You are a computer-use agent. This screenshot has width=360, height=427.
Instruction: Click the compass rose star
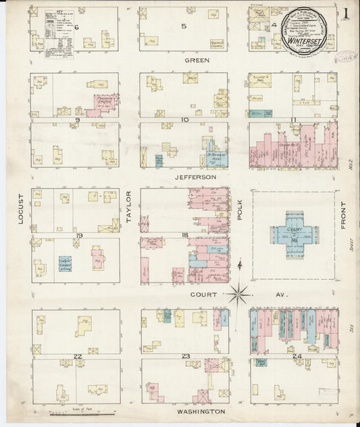tap(239, 293)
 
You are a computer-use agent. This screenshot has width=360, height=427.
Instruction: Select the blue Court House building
tap(293, 234)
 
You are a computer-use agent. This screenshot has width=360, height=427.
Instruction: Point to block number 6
tap(78, 26)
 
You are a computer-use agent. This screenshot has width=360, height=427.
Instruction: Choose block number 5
tap(184, 26)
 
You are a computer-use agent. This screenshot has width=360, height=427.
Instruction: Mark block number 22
tap(78, 356)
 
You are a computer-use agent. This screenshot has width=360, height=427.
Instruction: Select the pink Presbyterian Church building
tap(105, 103)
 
